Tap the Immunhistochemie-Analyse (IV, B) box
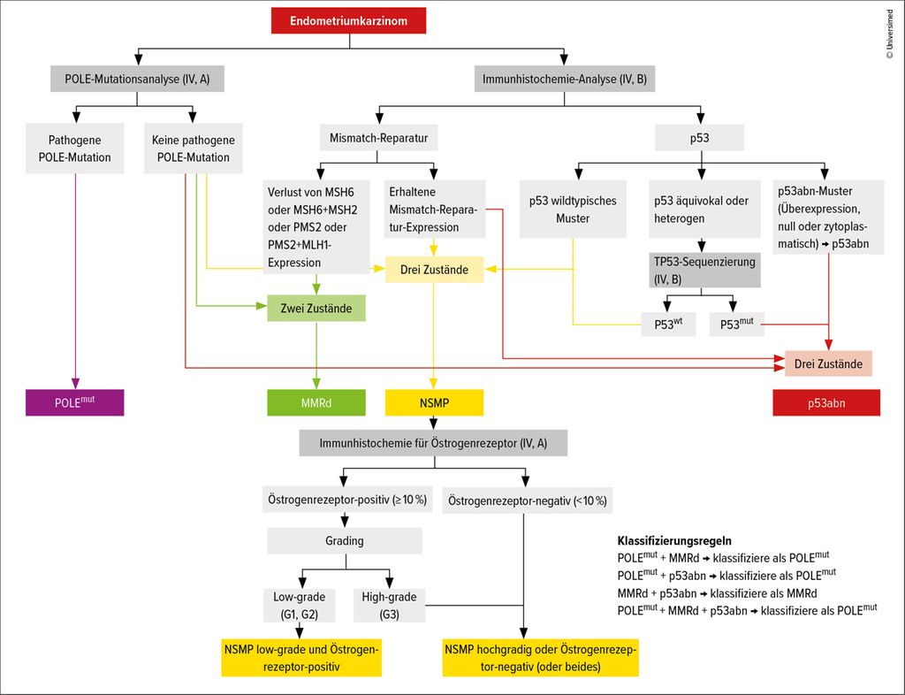coord(565,80)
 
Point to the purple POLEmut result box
coord(75,402)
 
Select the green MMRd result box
coord(316,402)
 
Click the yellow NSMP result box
coord(433,402)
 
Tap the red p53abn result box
coord(826,402)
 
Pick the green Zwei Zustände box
coord(316,309)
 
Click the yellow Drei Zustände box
coord(433,268)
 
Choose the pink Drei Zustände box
coord(828,363)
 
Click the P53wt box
coord(668,325)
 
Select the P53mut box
coord(735,325)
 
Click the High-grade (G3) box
coord(389,605)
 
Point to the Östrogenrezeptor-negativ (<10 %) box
coord(527,500)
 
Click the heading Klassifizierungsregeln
coord(674,539)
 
